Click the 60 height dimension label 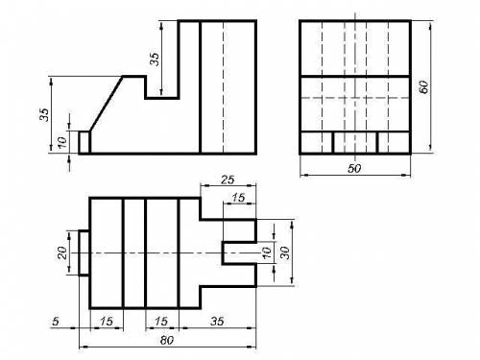pos(423,86)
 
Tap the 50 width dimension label pos(354,168)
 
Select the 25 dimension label pos(228,180)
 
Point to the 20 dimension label pos(62,252)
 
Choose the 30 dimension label pos(285,252)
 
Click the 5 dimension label pos(56,321)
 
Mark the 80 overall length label pos(167,341)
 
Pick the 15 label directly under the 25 pos(238,198)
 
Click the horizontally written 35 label pos(217,321)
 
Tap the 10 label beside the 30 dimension pos(267,252)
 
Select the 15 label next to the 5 pos(107,321)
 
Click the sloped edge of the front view pos(107,104)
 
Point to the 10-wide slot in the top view pos(239,252)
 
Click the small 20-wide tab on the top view pos(84,252)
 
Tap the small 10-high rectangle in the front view pos(84,142)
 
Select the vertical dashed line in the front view pos(224,87)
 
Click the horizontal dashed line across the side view pos(355,98)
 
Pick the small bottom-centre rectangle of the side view pos(355,142)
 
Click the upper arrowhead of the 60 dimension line pos(431,25)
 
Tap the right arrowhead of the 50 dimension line pos(406,175)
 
